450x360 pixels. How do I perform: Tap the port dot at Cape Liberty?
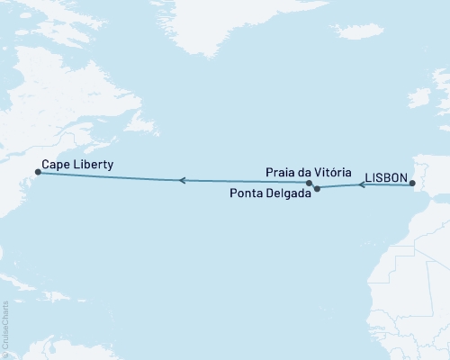pyautogui.click(x=37, y=171)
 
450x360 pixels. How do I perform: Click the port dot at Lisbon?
pyautogui.click(x=411, y=184)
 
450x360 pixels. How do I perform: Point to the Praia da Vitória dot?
pyautogui.click(x=310, y=183)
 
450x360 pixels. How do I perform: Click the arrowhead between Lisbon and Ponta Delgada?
pyautogui.click(x=362, y=185)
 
